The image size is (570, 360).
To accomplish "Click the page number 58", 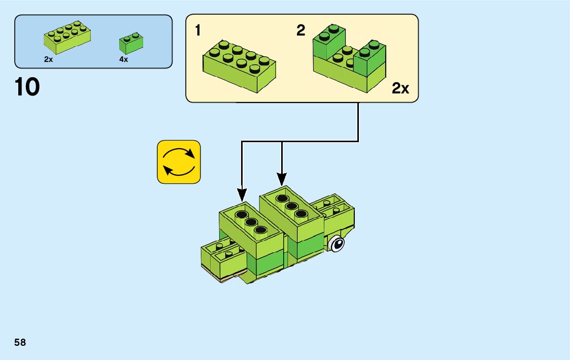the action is point(20,343).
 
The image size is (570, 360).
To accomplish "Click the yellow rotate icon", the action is point(179,162).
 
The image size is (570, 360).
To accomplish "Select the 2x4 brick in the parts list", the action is point(67,38).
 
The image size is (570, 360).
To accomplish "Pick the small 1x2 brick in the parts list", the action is point(130,44).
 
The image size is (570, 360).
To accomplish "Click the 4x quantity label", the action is point(123,59).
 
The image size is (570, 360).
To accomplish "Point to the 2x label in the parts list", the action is point(49,59).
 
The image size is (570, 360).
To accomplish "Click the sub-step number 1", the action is point(198,31).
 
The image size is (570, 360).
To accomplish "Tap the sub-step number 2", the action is point(301,31).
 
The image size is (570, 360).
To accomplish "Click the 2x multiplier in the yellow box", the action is point(400,89).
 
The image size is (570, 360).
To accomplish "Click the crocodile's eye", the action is point(337,245).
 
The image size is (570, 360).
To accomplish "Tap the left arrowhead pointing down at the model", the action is point(242,194).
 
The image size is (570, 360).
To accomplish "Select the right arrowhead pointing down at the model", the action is point(282,179).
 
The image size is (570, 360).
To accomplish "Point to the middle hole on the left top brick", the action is point(250,222).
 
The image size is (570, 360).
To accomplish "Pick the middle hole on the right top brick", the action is point(291,206).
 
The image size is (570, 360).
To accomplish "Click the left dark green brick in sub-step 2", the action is point(328,43).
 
